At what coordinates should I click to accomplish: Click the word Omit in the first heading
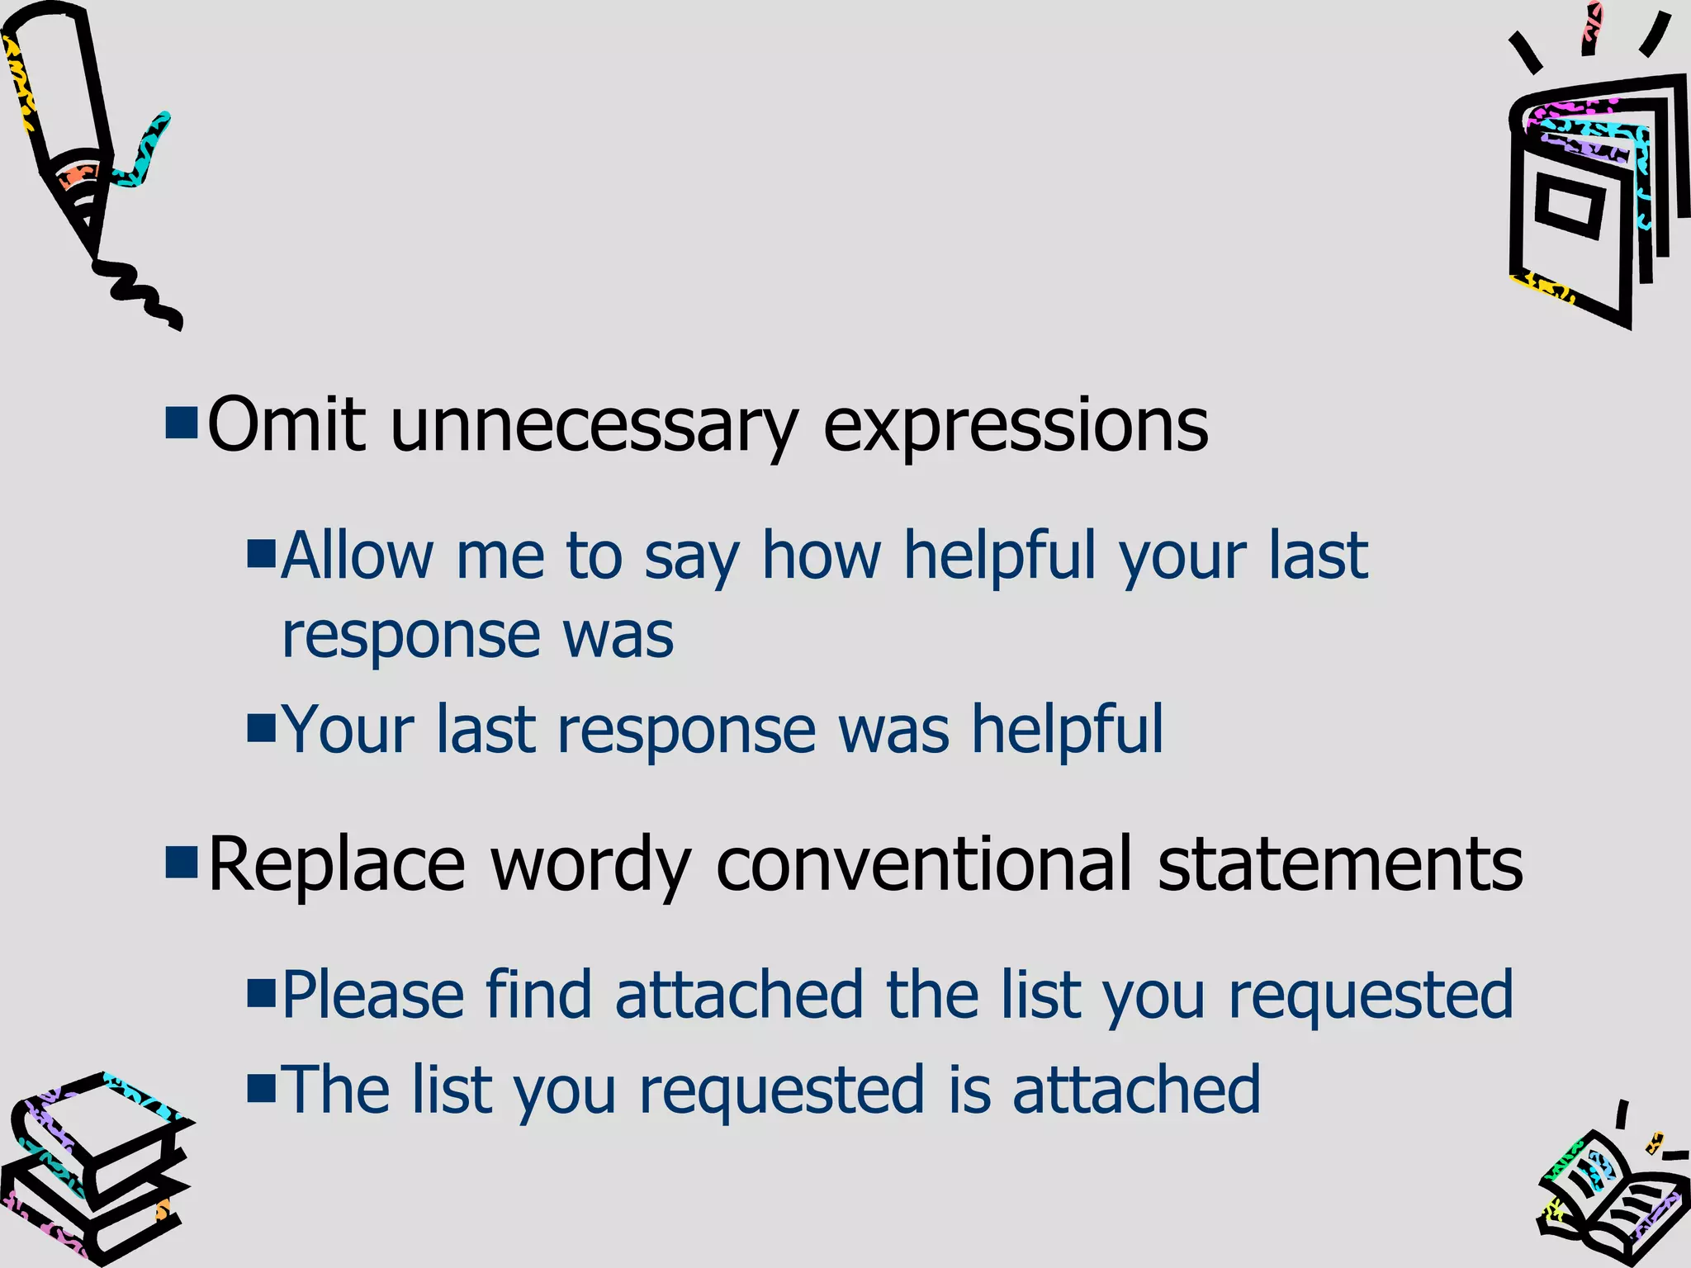[x=286, y=424]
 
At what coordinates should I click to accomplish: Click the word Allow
[x=357, y=555]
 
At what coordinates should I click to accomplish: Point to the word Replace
[x=337, y=863]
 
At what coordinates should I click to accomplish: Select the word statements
[x=1340, y=863]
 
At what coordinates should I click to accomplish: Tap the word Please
[x=372, y=995]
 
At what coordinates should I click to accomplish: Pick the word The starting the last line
[x=335, y=1090]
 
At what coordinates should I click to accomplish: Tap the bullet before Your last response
[x=260, y=728]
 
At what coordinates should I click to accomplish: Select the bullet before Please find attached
[x=260, y=994]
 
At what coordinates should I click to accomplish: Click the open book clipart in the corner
[x=1610, y=1197]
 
